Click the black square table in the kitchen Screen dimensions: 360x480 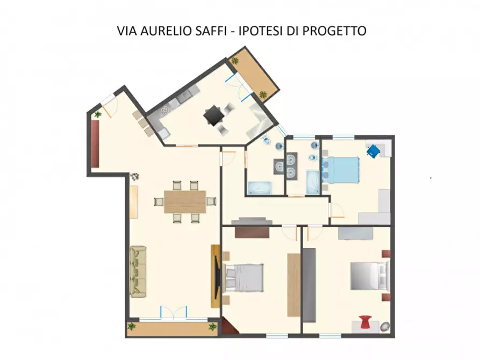(212, 116)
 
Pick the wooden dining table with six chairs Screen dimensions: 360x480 (185, 202)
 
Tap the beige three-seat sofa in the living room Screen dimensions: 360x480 (138, 271)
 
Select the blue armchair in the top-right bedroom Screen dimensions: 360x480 (373, 150)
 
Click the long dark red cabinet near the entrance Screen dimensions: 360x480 (95, 143)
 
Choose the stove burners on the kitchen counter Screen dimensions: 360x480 (165, 110)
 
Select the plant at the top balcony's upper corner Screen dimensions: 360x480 (234, 61)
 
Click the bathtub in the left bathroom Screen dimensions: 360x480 (259, 188)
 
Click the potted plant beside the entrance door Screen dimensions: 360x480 (97, 114)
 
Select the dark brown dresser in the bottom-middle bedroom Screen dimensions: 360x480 (252, 232)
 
